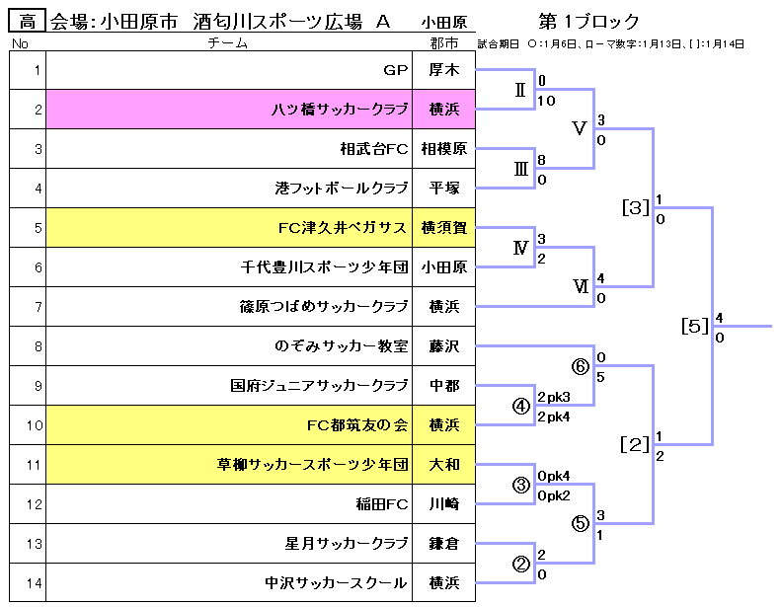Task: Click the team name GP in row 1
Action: (x=395, y=70)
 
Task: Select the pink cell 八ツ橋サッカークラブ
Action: (x=340, y=110)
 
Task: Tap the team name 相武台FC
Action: (x=373, y=149)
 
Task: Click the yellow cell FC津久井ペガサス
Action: (x=343, y=228)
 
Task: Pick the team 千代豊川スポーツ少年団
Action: (x=325, y=267)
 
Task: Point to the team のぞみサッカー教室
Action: (x=342, y=346)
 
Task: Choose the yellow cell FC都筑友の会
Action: (x=357, y=425)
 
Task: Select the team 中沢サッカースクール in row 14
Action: (x=337, y=583)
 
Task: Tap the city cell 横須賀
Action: (x=443, y=228)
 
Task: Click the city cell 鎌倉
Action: (x=443, y=544)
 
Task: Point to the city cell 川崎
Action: (x=443, y=504)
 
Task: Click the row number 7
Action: (x=38, y=307)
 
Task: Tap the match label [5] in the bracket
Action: (x=695, y=326)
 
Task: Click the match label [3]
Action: (x=636, y=207)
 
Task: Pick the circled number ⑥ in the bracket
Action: (x=581, y=366)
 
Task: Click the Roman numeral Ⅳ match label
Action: (x=521, y=248)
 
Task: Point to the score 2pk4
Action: (x=554, y=417)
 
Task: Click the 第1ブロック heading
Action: (x=589, y=22)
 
